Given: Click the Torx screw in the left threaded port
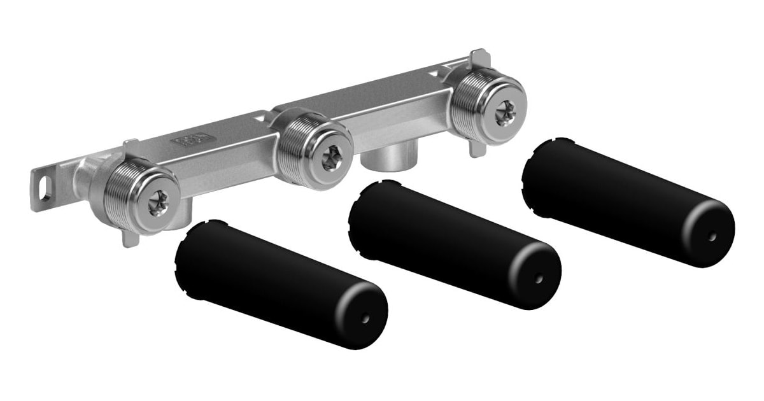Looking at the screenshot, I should (x=157, y=203).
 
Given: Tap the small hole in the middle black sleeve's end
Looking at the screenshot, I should (x=539, y=278).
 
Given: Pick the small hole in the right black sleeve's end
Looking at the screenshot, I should (x=712, y=236).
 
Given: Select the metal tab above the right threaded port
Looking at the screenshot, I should (x=479, y=59).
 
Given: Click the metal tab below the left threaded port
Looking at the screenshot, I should (x=129, y=239).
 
